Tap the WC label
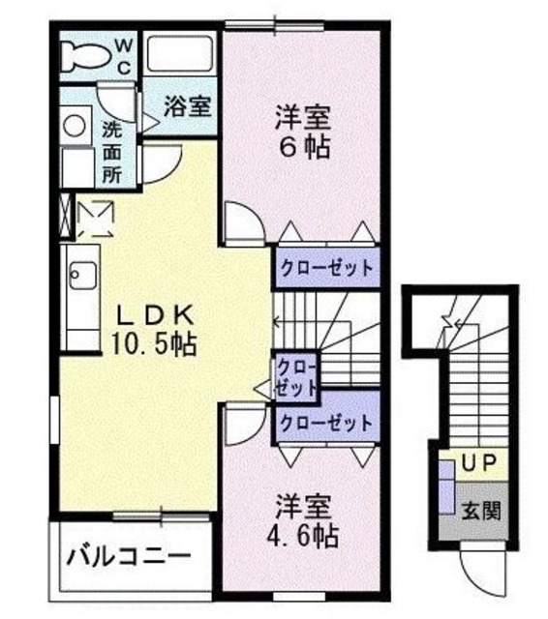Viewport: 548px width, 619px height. (127, 55)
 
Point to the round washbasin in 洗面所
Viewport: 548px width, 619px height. (73, 125)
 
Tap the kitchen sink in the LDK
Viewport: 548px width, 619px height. (79, 277)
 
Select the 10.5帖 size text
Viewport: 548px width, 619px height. (154, 342)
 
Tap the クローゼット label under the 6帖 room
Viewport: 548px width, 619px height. (325, 268)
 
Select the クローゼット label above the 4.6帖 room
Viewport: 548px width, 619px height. (325, 423)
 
